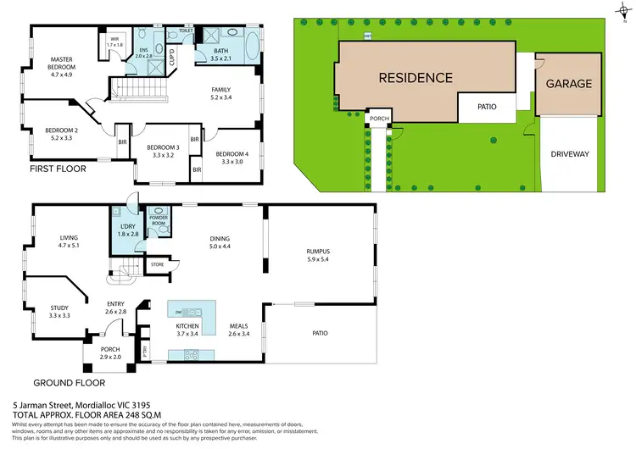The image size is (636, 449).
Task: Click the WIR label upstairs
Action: [x=114, y=39]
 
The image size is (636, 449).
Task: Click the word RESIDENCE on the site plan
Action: [x=415, y=77]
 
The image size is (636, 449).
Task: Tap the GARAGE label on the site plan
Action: [x=568, y=84]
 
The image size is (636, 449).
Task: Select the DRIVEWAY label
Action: [x=569, y=156]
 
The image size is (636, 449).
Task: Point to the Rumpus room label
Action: [x=318, y=251]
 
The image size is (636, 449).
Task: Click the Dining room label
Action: [x=220, y=239]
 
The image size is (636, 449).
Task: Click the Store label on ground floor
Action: [x=157, y=265]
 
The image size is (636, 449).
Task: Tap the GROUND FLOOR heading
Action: [x=63, y=383]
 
